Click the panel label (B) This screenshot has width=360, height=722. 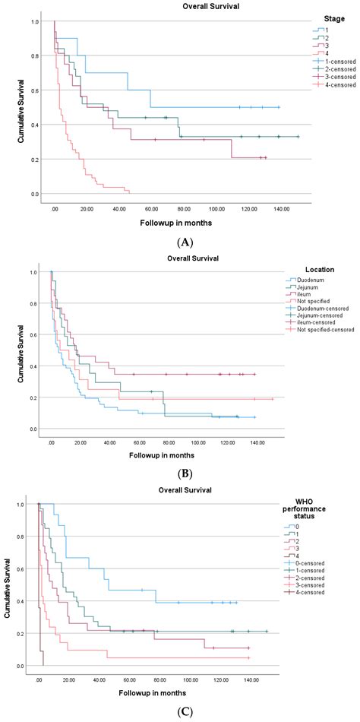tap(180, 472)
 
